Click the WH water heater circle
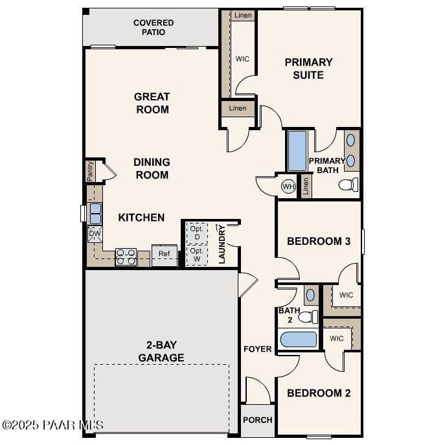coord(288,187)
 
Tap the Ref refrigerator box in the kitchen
coord(165,254)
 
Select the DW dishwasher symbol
coord(95,233)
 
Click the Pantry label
coord(91,172)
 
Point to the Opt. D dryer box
coord(196,233)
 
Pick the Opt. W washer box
coord(196,255)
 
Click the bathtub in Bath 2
coord(298,340)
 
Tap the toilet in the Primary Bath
coord(348,185)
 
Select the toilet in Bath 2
coord(309,317)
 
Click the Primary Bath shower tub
coord(297,151)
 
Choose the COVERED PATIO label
coord(154,27)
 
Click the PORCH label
coord(257,420)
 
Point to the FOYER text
coord(257,349)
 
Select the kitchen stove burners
coord(125,257)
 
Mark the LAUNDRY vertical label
coord(222,244)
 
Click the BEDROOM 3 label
coord(319,241)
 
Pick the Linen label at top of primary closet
coord(244,16)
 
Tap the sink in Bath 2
coord(310,294)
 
